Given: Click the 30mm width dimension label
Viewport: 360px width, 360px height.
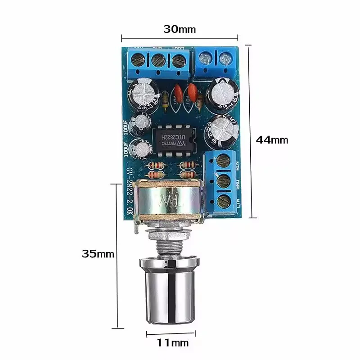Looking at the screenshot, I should point(180,30).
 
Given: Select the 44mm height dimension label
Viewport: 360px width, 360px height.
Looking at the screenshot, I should point(272,140).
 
